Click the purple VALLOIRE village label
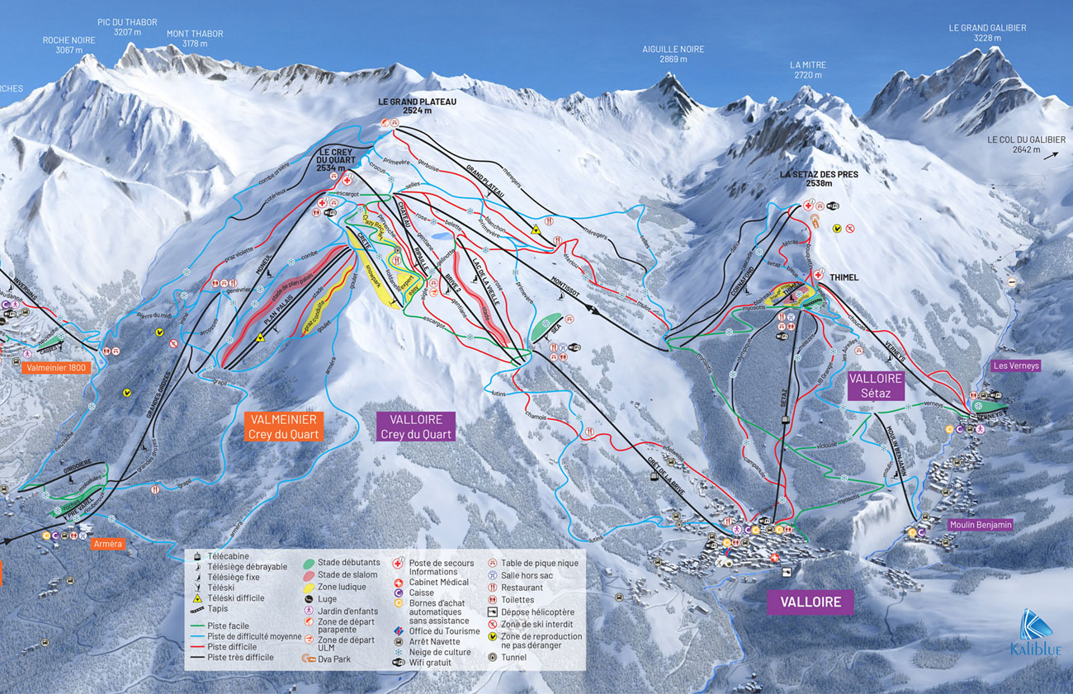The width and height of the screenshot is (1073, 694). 811,602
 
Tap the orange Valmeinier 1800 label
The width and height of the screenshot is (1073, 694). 56,368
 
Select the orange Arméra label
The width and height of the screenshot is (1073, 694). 108,544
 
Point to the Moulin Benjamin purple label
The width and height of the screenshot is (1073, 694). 981,524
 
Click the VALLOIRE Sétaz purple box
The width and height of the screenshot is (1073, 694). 877,385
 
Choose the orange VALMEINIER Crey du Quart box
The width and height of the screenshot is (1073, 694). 285,427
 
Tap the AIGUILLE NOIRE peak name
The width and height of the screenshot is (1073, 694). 673,54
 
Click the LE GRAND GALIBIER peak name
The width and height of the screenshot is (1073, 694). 987,33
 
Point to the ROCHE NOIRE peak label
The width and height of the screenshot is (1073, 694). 69,45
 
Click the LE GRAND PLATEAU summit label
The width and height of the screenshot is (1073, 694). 417,106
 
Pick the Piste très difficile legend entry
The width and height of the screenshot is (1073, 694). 239,657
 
